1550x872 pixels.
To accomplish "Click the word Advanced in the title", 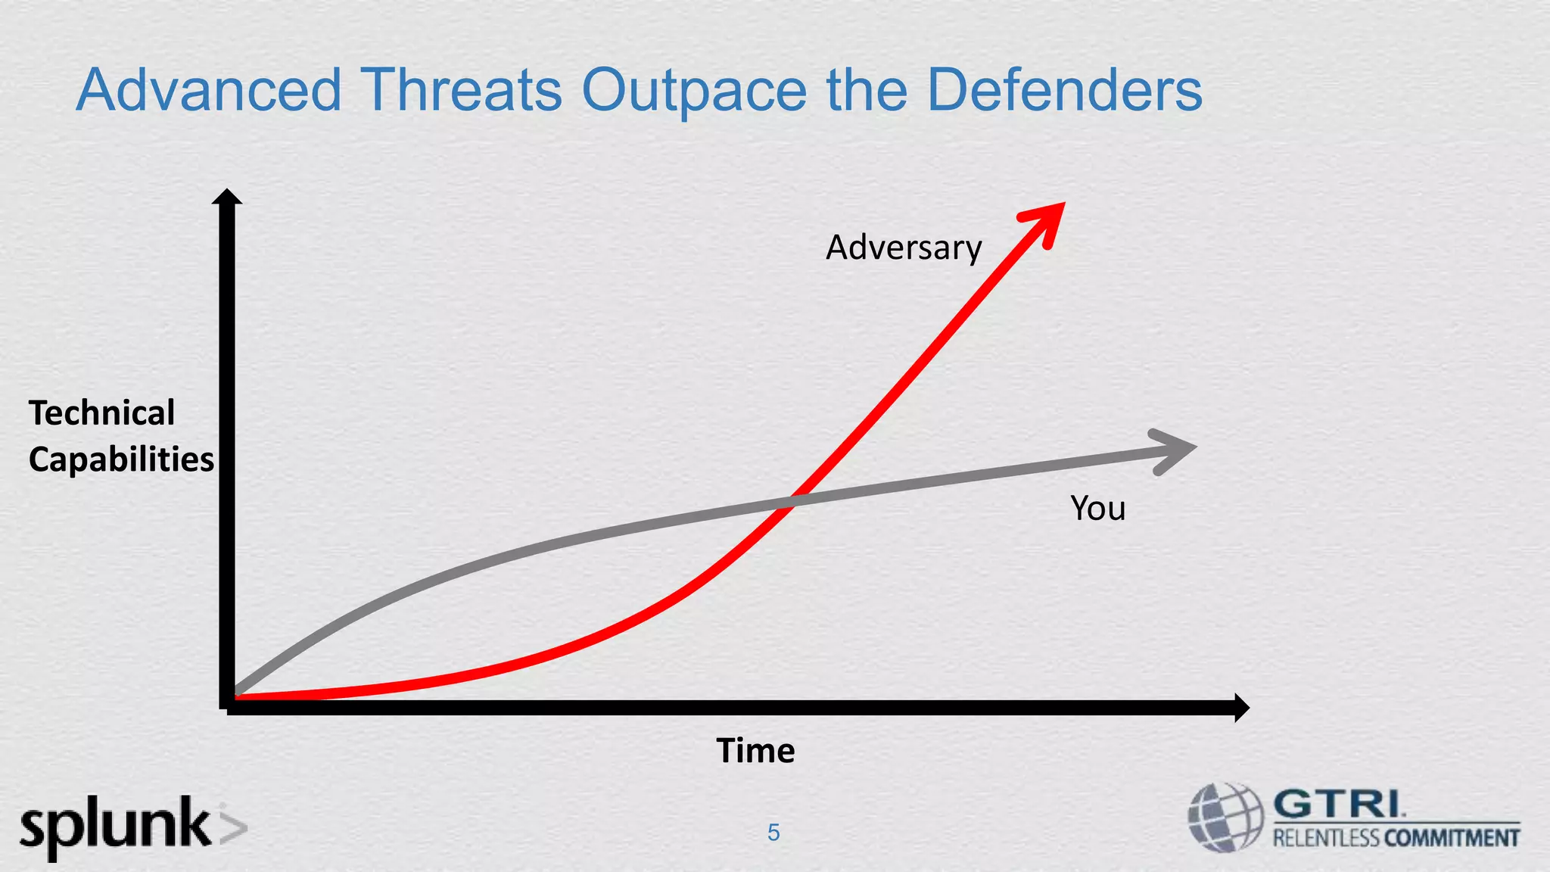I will (x=209, y=90).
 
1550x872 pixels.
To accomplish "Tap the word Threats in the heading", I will (x=461, y=90).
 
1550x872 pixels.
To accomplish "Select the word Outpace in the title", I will (x=694, y=92).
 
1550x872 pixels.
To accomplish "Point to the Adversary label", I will (x=903, y=248).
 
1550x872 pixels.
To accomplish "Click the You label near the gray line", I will (x=1097, y=508).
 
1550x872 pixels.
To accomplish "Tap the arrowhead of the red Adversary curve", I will (x=1047, y=220).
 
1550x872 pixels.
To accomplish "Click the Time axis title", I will (x=755, y=751).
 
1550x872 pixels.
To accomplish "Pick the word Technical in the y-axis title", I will (x=101, y=413).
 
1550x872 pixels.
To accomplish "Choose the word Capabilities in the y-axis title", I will (x=121, y=459).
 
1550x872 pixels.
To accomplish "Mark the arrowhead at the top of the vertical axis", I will (x=226, y=197).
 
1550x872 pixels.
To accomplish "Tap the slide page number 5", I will (x=773, y=833).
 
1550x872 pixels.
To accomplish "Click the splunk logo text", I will (x=115, y=827).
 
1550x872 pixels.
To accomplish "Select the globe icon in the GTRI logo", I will (x=1225, y=818).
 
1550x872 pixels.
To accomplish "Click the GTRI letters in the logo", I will (x=1337, y=804).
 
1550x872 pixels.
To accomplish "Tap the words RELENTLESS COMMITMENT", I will (x=1396, y=838).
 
